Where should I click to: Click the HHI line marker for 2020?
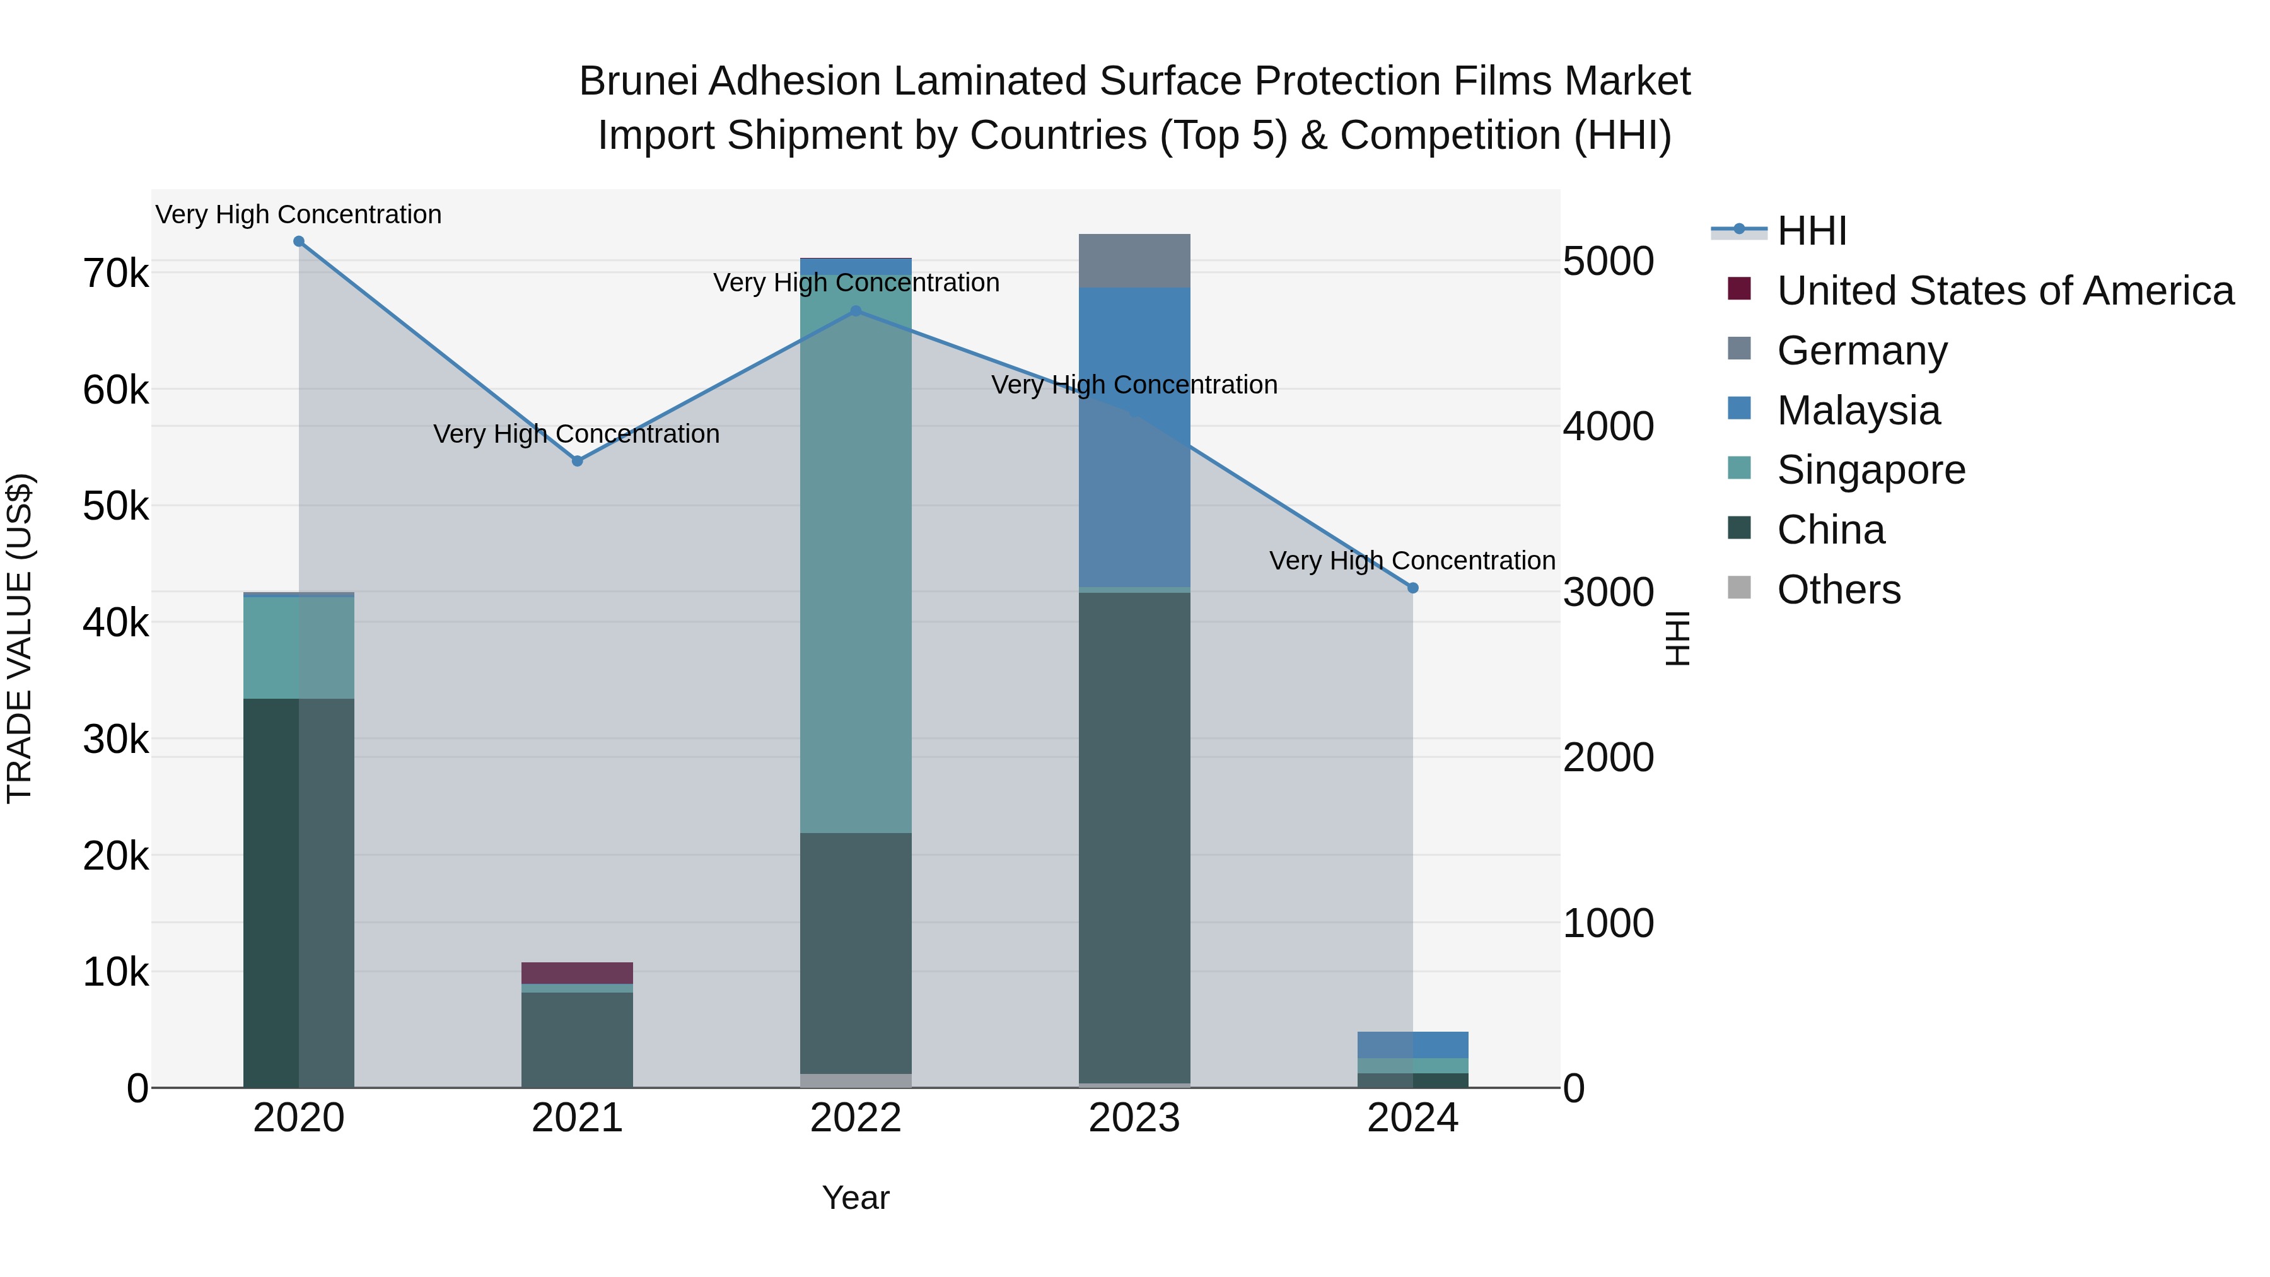coord(299,242)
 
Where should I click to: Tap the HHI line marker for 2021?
coord(577,461)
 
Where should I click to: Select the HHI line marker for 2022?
coord(856,311)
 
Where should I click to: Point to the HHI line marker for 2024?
coord(1412,588)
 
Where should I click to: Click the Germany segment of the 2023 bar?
coord(1134,261)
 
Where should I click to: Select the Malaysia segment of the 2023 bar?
coord(1134,436)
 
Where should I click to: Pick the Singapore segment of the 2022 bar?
coord(856,554)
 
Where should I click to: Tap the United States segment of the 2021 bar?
coord(577,973)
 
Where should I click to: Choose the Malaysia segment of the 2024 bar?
coord(1412,1044)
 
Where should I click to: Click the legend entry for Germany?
coord(1861,351)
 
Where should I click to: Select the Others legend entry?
coord(1838,590)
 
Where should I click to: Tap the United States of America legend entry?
coord(2005,291)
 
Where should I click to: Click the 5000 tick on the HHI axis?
coord(1608,262)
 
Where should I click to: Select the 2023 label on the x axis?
coord(1134,1118)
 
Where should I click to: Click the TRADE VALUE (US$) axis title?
coord(20,638)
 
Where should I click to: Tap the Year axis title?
coord(856,1198)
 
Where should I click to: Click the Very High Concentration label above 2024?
coord(1412,561)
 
